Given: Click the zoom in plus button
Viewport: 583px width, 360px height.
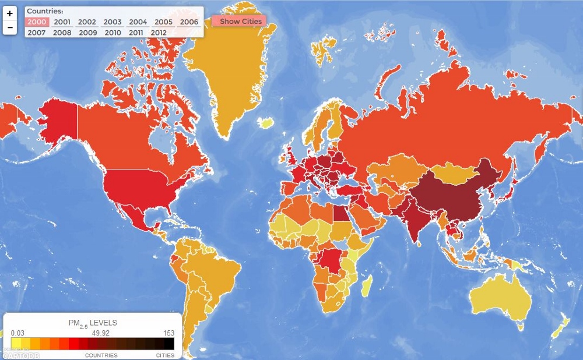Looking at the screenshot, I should click(x=10, y=13).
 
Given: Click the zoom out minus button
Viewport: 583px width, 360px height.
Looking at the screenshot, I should click(x=10, y=27).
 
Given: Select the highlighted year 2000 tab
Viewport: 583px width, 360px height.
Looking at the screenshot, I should click(x=36, y=22).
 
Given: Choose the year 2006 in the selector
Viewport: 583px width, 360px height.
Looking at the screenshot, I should click(x=189, y=22).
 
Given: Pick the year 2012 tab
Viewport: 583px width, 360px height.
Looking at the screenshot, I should click(x=159, y=33).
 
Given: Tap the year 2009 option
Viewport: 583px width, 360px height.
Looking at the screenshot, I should click(x=87, y=33).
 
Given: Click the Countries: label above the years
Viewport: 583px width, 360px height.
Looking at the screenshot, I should click(x=45, y=11).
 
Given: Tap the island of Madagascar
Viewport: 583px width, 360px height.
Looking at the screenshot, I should click(x=367, y=285).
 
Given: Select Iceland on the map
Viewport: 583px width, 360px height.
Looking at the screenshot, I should click(x=266, y=123).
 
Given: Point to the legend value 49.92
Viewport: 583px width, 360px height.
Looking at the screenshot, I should click(x=98, y=333).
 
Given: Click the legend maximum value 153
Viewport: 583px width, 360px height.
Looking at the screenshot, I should click(x=168, y=333).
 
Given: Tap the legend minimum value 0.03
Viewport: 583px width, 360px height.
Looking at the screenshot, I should click(x=17, y=333).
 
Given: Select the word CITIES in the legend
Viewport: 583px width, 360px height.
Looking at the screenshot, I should click(x=165, y=355).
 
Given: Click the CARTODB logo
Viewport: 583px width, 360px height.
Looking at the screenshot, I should click(x=20, y=355).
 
